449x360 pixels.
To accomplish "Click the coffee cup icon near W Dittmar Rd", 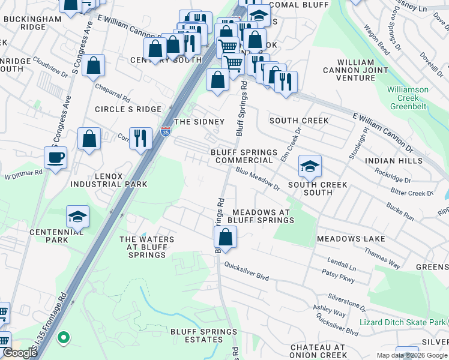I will pyautogui.click(x=55, y=158).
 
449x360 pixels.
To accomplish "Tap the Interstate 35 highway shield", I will pyautogui.click(x=165, y=131).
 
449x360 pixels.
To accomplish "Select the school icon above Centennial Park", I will pyautogui.click(x=78, y=216).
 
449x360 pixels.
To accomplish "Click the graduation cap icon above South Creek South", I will pyautogui.click(x=310, y=166).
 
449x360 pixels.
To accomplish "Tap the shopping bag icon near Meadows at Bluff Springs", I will pyautogui.click(x=225, y=238).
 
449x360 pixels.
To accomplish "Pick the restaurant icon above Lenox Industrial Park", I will pyautogui.click(x=140, y=138).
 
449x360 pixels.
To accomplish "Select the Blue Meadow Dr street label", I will pyautogui.click(x=258, y=179).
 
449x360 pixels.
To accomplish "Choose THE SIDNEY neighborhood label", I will pyautogui.click(x=199, y=122).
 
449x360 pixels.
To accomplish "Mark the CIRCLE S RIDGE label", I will pyautogui.click(x=128, y=109).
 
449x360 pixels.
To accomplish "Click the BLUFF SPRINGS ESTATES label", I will pyautogui.click(x=197, y=335).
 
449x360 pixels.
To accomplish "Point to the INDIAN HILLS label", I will pyautogui.click(x=394, y=161).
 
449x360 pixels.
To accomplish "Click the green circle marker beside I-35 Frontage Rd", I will pyautogui.click(x=63, y=338).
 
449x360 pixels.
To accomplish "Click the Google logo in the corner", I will pyautogui.click(x=20, y=353).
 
